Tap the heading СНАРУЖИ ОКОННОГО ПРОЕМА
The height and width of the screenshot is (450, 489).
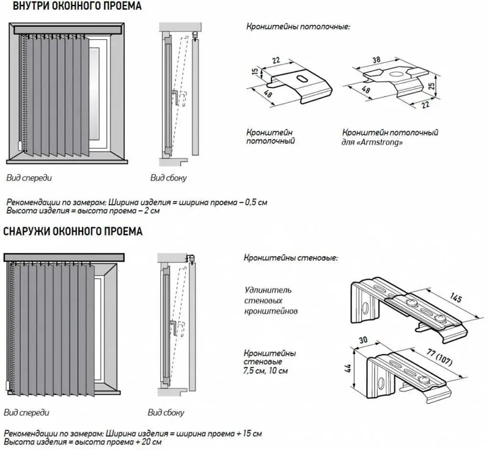(x=73, y=232)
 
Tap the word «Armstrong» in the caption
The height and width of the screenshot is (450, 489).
(x=381, y=142)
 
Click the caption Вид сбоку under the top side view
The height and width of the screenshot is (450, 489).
(x=169, y=179)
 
